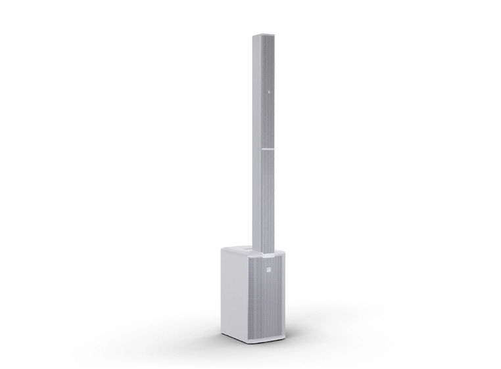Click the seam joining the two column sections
(x=268, y=149)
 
